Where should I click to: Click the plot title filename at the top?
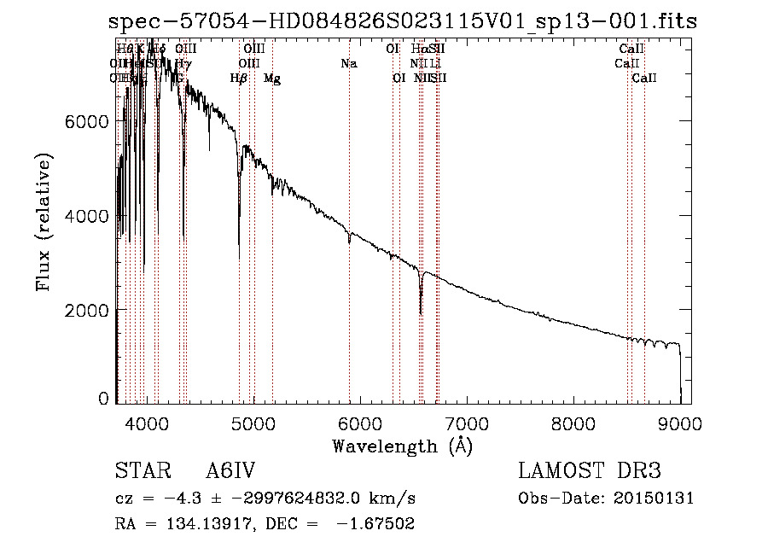coord(403,21)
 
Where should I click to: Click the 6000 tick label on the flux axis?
coord(87,122)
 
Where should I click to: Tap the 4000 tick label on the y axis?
coord(87,216)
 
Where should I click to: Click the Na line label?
coord(348,64)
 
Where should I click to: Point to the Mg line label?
coord(272,79)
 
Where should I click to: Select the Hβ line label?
coord(239,79)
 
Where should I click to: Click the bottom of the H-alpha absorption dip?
coord(421,312)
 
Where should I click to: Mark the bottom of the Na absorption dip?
coord(349,243)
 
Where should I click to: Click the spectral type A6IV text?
coord(230,472)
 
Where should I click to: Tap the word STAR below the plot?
coord(140,472)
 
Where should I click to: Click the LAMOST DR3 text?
coord(590,472)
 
